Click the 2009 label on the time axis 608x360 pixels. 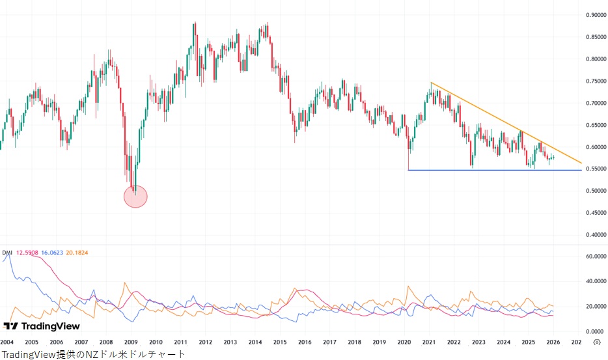coord(131,342)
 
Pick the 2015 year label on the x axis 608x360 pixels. coord(280,342)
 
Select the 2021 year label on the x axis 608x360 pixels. coord(429,342)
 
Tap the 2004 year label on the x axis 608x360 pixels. coord(7,342)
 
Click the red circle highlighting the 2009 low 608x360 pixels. coord(135,196)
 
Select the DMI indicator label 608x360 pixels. coord(7,252)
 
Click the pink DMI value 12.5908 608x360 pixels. coord(27,252)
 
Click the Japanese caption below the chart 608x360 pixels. coord(92,354)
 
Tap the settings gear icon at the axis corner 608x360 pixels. coord(597,342)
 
